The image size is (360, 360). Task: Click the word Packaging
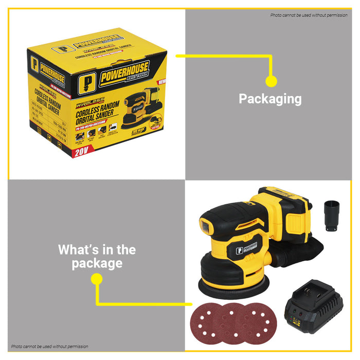(270, 98)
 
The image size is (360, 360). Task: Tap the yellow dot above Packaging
(271, 81)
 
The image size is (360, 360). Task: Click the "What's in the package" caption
(97, 257)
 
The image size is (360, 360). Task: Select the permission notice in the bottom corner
(50, 347)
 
